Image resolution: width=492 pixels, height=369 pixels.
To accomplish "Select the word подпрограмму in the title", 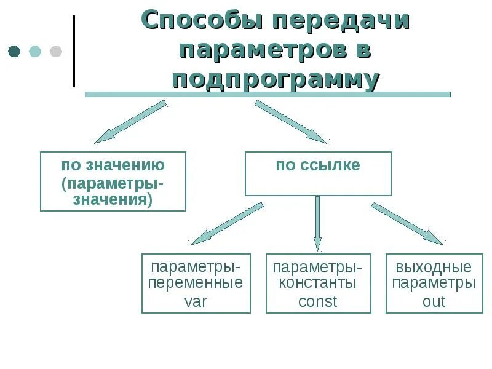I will tap(276, 80).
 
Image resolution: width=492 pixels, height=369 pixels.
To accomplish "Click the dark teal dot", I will tap(14, 51).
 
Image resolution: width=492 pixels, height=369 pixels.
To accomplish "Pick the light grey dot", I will tap(55, 51).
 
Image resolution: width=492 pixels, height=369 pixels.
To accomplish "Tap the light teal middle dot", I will tap(35, 51).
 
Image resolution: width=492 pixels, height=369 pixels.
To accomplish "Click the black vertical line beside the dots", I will tap(74, 51).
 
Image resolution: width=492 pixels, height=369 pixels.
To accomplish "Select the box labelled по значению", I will tap(113, 181).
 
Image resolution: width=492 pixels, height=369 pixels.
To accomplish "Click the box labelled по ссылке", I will tap(318, 174).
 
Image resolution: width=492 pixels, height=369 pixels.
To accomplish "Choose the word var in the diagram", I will tap(196, 301).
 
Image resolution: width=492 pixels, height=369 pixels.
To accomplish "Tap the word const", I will tap(318, 301).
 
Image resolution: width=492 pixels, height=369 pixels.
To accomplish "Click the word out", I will tap(434, 301).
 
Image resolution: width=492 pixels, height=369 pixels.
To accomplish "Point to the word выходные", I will tap(434, 268).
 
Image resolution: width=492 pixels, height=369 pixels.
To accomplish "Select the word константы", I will tap(318, 284).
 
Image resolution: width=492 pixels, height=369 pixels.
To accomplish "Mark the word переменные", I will tap(196, 284).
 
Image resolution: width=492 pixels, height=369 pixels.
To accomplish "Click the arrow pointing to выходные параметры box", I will tap(407, 223).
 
